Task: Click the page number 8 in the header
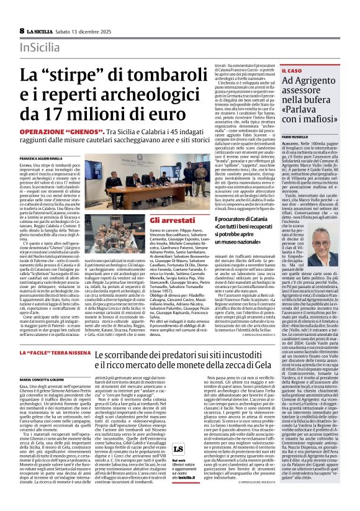tap(22, 30)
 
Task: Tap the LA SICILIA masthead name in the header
tap(42, 30)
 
